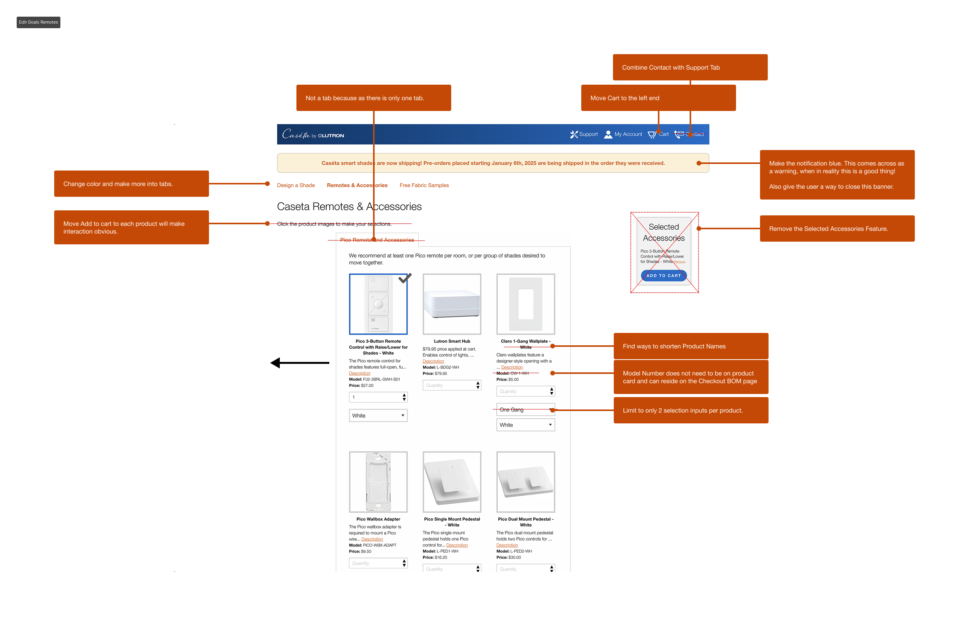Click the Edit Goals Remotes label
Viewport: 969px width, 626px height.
[x=38, y=22]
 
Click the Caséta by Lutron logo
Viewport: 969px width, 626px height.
[x=313, y=134]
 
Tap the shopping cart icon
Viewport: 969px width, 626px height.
[x=652, y=135]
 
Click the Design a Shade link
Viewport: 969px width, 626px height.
[x=296, y=185]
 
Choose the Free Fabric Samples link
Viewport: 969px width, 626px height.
[x=424, y=185]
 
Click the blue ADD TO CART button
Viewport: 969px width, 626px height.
[x=664, y=276]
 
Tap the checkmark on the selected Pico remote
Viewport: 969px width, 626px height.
[x=405, y=278]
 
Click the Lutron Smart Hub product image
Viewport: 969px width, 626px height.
[x=452, y=304]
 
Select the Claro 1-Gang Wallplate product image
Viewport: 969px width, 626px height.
[x=526, y=304]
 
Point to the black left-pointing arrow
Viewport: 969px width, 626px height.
[x=300, y=363]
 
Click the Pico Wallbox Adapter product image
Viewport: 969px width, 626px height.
[x=378, y=482]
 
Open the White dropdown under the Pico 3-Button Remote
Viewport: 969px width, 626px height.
[x=378, y=415]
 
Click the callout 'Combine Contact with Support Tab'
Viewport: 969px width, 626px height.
[x=690, y=68]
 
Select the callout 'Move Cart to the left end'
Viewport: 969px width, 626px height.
[x=658, y=98]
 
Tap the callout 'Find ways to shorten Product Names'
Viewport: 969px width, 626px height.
[x=691, y=346]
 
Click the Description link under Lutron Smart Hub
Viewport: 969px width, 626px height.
[x=433, y=362]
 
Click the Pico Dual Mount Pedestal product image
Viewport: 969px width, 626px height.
[x=526, y=482]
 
